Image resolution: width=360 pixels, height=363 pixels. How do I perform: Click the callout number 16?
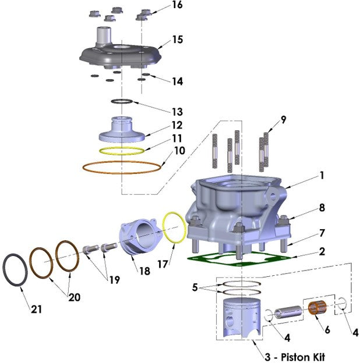tap(177, 5)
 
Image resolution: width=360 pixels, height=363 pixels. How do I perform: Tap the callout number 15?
tap(177, 40)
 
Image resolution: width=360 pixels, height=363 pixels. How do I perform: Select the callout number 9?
tap(283, 120)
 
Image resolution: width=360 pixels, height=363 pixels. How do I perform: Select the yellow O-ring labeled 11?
tap(121, 151)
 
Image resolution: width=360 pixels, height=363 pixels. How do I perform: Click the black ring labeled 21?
tap(16, 271)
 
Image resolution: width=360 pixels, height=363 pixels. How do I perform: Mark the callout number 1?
tap(322, 175)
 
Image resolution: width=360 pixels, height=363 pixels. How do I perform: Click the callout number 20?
tap(74, 297)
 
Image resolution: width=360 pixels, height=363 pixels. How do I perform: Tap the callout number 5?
tap(196, 287)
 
